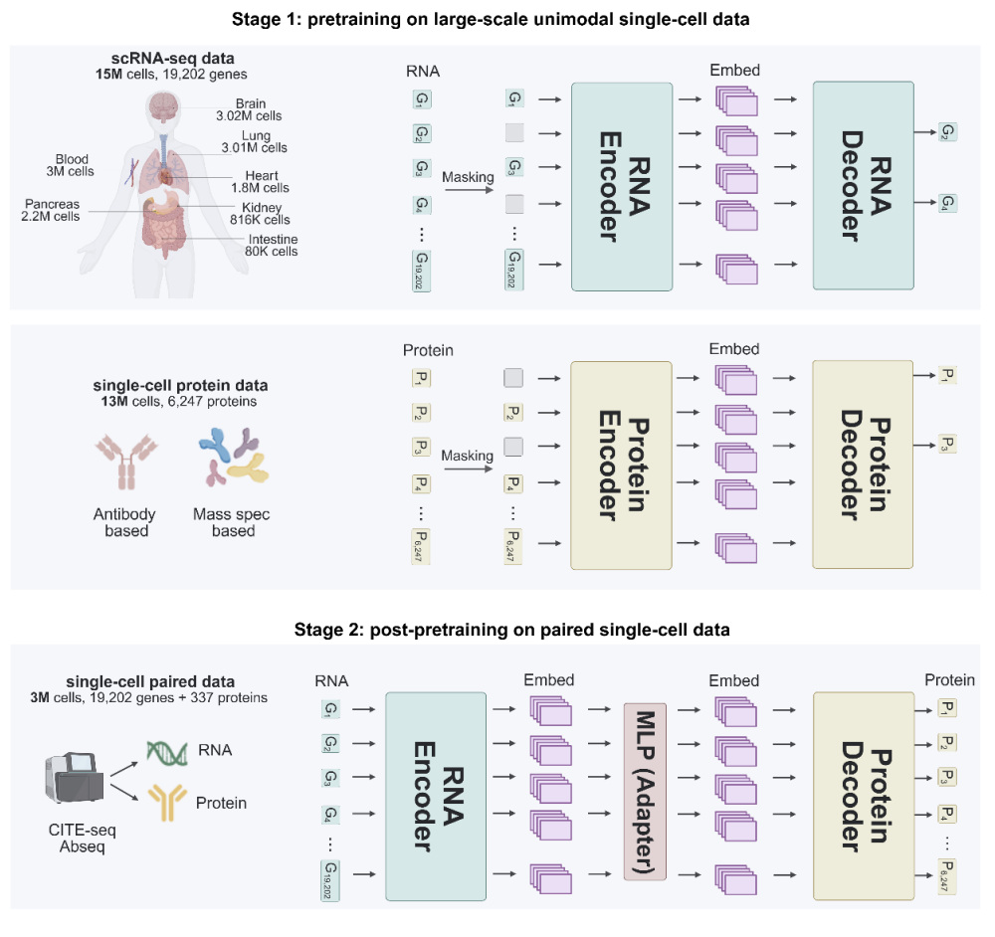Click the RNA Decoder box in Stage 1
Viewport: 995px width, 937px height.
pyautogui.click(x=863, y=185)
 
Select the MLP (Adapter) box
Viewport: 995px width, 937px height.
pyautogui.click(x=644, y=791)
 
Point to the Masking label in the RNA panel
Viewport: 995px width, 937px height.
pyautogui.click(x=469, y=177)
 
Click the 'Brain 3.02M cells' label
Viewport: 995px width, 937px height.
pyautogui.click(x=251, y=109)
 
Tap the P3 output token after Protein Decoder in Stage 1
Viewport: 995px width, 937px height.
pyautogui.click(x=948, y=443)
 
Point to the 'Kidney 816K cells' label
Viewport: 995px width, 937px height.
pyautogui.click(x=266, y=213)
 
